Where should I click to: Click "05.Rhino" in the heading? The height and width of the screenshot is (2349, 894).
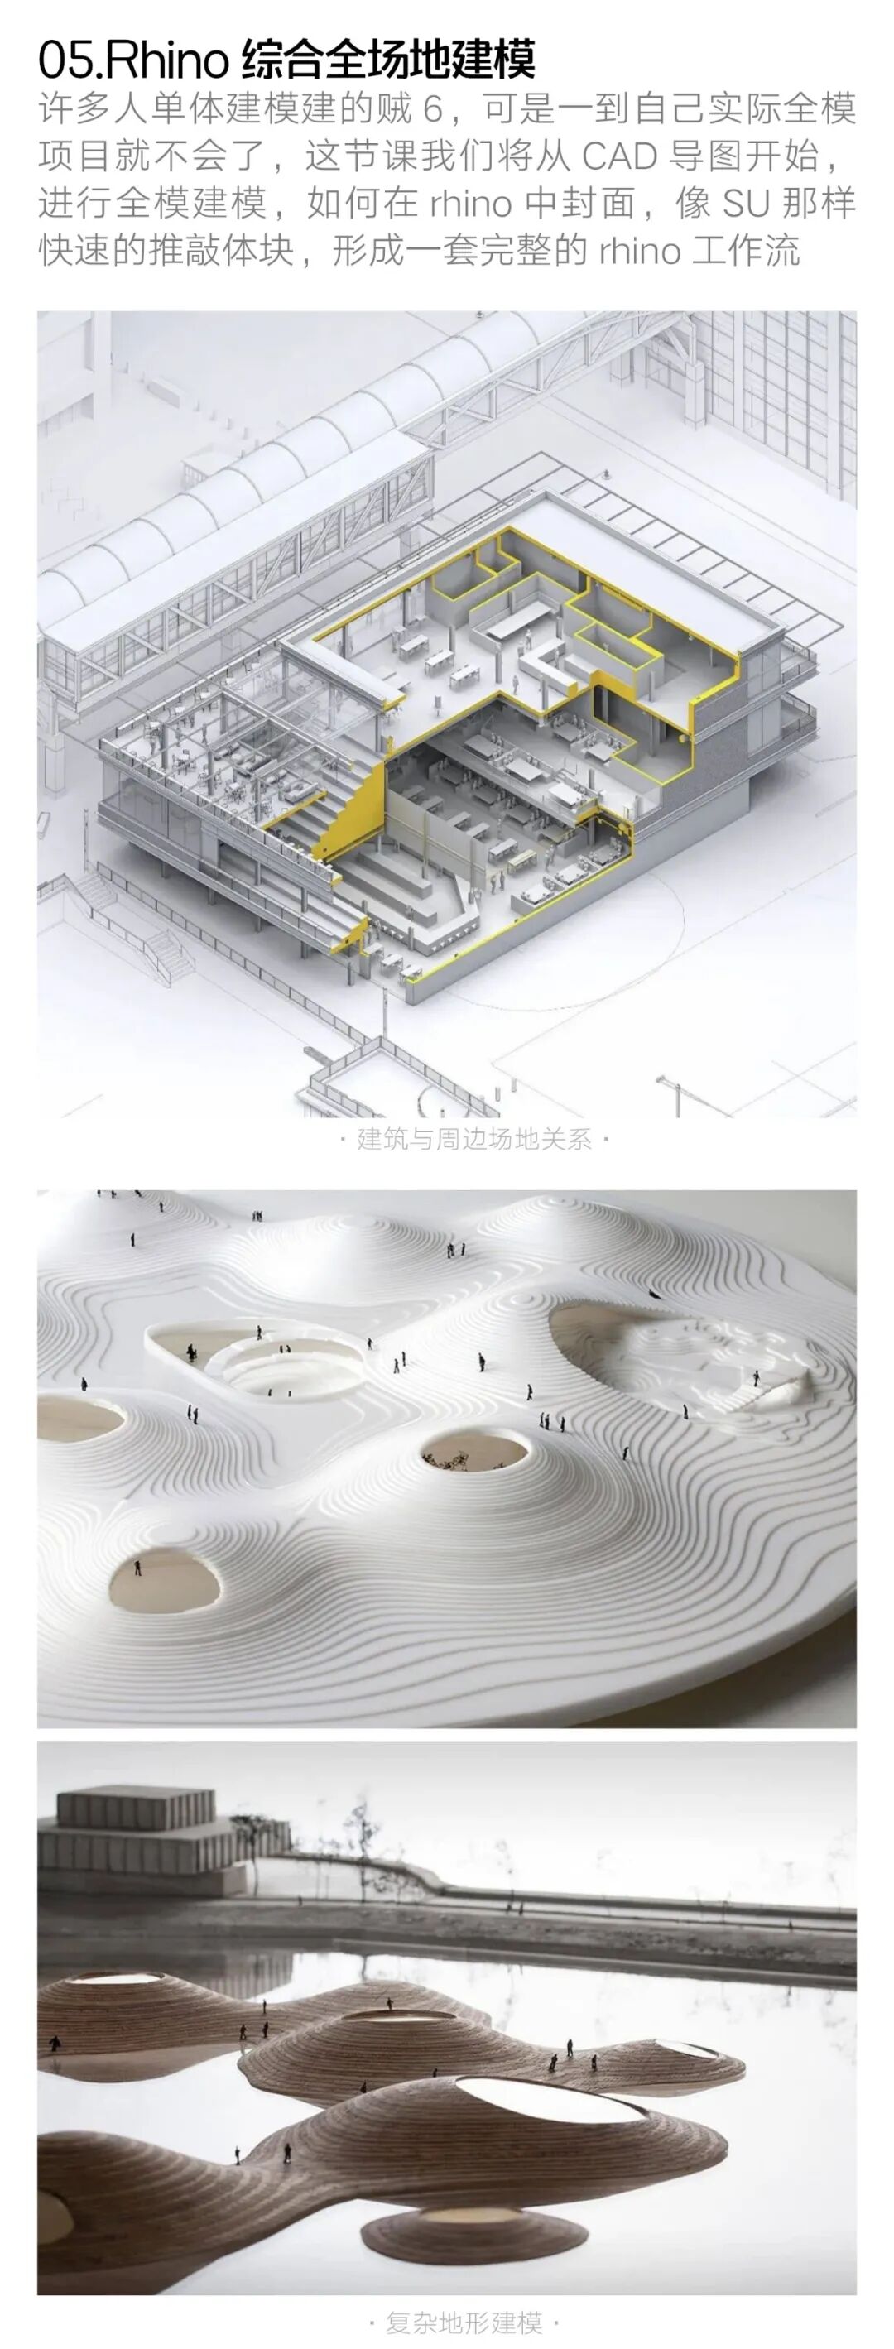(133, 61)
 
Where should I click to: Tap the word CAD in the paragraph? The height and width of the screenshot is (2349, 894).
(619, 156)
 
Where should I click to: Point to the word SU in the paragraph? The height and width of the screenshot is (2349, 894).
(746, 203)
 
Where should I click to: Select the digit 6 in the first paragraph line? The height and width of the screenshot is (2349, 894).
(431, 109)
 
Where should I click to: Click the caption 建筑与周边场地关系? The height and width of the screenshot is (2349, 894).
(473, 1139)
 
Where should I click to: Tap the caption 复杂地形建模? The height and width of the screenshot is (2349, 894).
(464, 2322)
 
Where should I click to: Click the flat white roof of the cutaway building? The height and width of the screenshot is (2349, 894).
(656, 556)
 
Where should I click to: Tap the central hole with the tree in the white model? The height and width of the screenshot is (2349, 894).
(474, 1451)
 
